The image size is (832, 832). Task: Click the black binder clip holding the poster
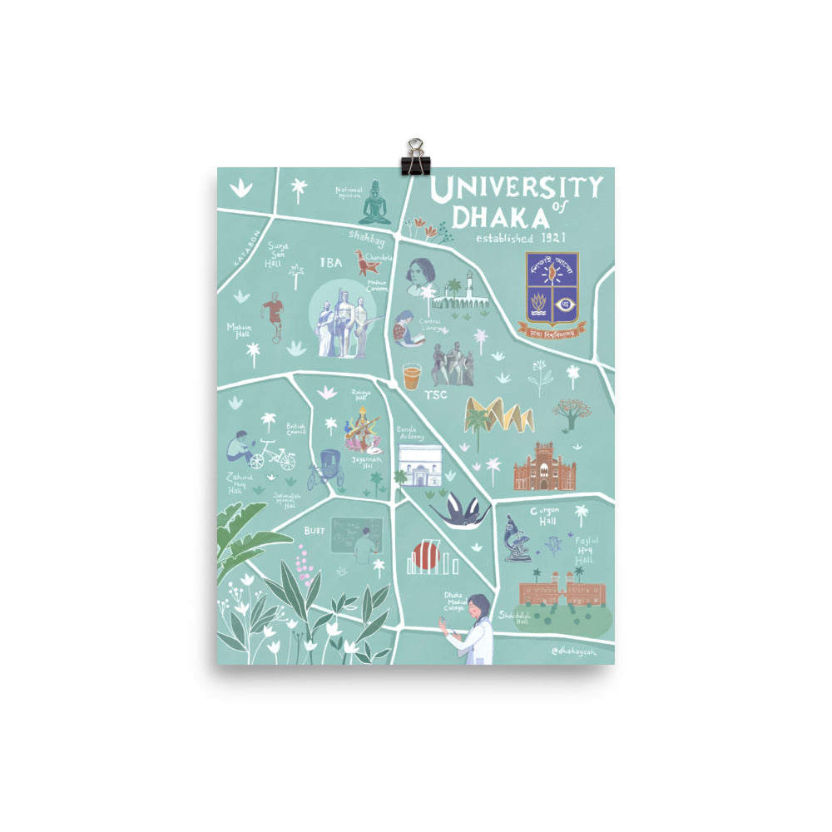[x=414, y=158]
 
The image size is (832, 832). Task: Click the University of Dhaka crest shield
[x=552, y=289]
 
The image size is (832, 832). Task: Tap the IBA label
[x=330, y=262]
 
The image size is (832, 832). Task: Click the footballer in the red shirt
[x=273, y=314]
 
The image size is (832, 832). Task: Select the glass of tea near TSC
[x=411, y=377]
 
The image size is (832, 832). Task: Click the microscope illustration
[x=517, y=540]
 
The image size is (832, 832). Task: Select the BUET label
[x=314, y=529]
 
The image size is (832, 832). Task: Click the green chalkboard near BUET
[x=356, y=534]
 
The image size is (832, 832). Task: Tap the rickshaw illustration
[x=325, y=469]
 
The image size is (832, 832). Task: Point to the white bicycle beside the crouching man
[x=272, y=455]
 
